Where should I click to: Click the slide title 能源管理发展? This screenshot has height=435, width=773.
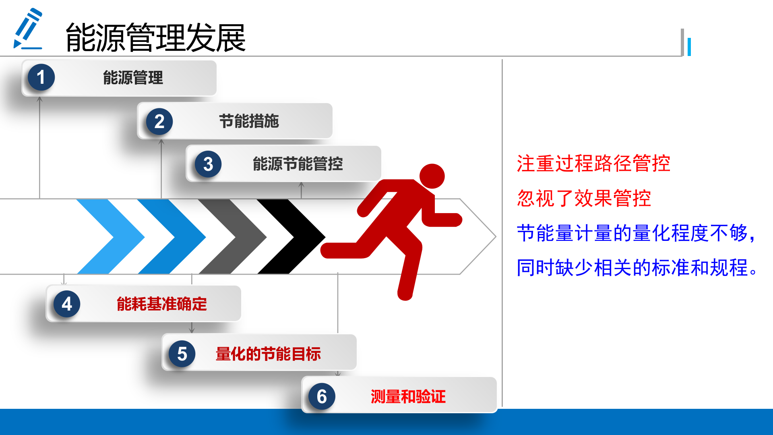(x=155, y=38)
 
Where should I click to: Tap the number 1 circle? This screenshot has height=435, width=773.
(x=41, y=77)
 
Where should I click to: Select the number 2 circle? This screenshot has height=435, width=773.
(x=159, y=121)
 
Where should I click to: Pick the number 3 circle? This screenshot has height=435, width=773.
(x=208, y=164)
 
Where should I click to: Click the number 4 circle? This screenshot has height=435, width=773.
(x=67, y=304)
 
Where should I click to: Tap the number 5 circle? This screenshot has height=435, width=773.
(x=182, y=354)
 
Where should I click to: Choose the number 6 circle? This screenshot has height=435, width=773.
(x=322, y=396)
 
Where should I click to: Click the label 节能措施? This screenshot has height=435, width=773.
(x=249, y=121)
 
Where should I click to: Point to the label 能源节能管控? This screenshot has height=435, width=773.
(x=298, y=164)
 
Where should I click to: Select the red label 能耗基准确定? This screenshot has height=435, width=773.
(x=161, y=304)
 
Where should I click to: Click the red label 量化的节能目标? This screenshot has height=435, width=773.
(x=268, y=354)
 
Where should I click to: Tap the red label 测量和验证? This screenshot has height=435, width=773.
(x=408, y=397)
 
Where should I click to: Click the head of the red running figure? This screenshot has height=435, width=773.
(x=432, y=176)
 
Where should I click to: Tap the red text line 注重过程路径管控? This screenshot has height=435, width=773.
(x=593, y=164)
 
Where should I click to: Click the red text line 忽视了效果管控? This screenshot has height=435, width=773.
(x=584, y=198)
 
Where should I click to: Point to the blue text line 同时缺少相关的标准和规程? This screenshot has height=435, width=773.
(x=636, y=268)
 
